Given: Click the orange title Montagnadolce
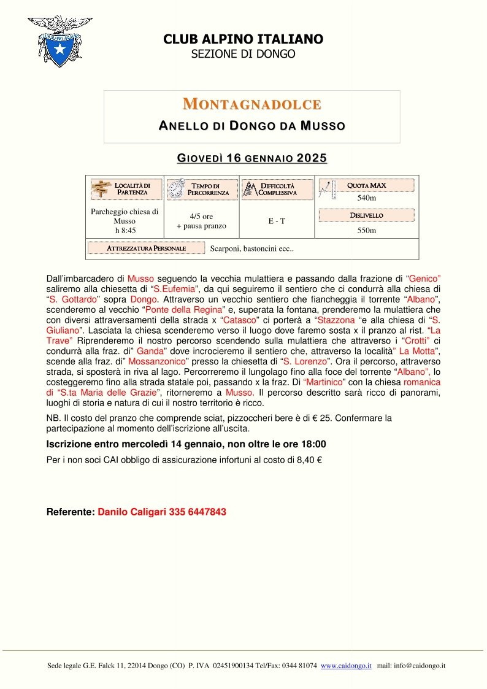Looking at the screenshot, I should point(252,104).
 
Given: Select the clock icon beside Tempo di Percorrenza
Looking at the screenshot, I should point(176,189).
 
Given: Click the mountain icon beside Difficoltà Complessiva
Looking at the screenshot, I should point(250,189).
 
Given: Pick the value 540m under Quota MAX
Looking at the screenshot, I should point(366,198).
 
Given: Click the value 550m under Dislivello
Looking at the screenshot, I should point(366,231).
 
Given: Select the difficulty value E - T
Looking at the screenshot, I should point(277,221).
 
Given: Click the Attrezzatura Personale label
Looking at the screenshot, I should point(146,248).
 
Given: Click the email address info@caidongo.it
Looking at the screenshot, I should point(420,666).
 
